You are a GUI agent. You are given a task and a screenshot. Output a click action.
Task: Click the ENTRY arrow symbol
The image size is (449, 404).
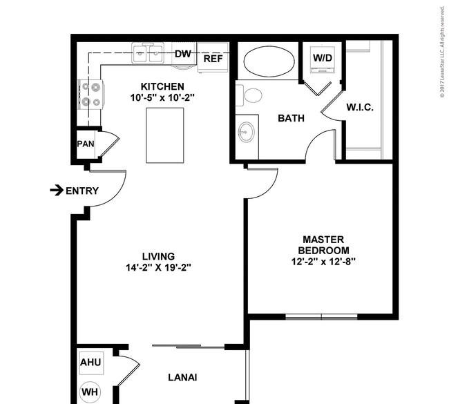[57, 190]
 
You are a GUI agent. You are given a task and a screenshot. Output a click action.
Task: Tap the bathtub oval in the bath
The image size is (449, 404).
[269, 61]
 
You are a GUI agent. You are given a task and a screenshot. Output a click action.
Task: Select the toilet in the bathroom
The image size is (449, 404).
[249, 95]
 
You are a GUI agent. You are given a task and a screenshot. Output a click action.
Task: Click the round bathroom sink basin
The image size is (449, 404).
[247, 132]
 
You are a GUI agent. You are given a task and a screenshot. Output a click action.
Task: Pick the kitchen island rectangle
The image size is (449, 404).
[165, 135]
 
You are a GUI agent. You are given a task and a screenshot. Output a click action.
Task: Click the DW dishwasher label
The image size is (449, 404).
[182, 54]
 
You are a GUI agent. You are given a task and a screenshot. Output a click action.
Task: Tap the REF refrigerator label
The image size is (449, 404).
[213, 59]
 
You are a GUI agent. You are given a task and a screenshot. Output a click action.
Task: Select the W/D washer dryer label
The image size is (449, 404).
[323, 58]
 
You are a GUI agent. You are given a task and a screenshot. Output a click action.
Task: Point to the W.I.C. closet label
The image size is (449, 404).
[360, 107]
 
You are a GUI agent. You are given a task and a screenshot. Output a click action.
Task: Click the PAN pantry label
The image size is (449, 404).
[86, 144]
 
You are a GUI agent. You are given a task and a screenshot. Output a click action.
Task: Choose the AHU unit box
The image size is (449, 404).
[91, 363]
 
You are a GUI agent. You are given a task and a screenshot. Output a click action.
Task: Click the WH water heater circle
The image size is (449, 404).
[90, 392]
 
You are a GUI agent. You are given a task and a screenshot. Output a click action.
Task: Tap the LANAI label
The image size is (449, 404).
[182, 378]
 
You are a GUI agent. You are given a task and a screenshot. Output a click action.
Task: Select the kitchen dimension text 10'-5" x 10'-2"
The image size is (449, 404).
[162, 98]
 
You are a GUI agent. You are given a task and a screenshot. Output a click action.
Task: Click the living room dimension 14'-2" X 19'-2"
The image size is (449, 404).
[158, 267]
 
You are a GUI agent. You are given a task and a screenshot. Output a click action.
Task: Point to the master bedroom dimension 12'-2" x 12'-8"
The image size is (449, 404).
[323, 262]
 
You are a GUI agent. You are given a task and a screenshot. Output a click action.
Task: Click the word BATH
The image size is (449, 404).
[291, 118]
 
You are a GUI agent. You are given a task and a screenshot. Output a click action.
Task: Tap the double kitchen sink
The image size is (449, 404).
[148, 53]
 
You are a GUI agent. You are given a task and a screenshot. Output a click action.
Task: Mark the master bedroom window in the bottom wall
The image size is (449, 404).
[322, 317]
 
